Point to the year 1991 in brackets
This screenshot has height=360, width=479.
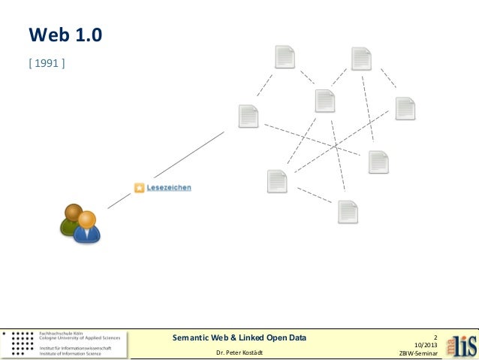[x=47, y=62]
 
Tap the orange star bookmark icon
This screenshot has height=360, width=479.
[x=139, y=188]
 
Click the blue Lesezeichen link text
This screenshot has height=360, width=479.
[x=169, y=188]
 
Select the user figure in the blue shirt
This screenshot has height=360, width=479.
[x=87, y=228]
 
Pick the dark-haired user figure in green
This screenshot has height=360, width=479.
[x=72, y=220]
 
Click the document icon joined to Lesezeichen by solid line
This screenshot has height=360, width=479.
[x=249, y=116]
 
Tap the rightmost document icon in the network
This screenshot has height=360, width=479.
[x=405, y=108]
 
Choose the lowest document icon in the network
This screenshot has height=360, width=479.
[x=348, y=212]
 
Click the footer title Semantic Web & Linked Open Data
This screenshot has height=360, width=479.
[x=239, y=338]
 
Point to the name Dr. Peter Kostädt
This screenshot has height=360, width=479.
[x=239, y=352]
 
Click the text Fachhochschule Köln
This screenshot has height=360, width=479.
[x=62, y=333]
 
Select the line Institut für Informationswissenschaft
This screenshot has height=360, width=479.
[x=76, y=348]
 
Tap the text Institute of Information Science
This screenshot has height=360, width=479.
[x=70, y=354]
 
